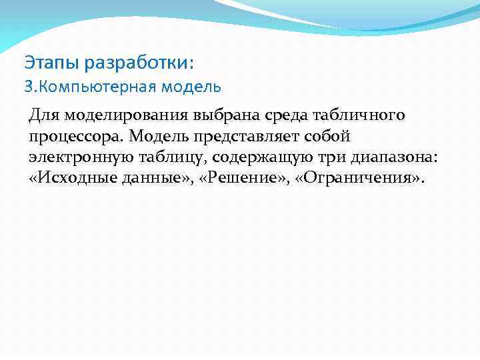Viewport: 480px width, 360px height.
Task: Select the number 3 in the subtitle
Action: pyautogui.click(x=28, y=87)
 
